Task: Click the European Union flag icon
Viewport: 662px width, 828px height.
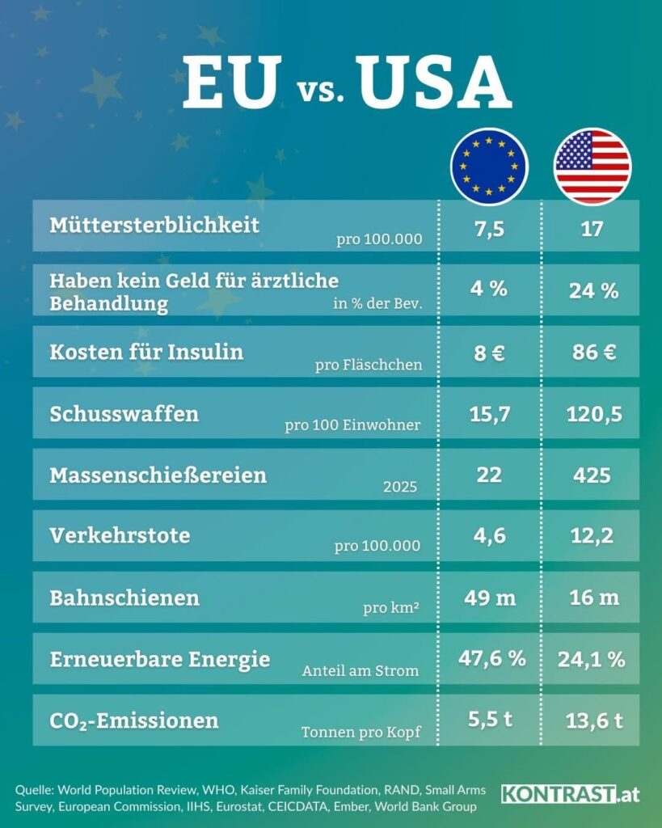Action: point(489,167)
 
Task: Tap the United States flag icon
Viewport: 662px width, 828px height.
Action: point(592,167)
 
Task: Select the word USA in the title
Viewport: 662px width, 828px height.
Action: point(435,82)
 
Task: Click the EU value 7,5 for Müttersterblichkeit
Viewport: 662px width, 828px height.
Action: point(489,229)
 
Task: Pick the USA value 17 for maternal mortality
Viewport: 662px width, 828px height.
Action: point(592,229)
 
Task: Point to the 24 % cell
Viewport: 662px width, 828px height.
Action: point(593,290)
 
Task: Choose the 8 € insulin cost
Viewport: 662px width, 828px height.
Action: point(489,353)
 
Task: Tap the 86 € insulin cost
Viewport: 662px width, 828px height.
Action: point(594,353)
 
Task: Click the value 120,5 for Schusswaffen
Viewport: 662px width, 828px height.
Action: point(594,415)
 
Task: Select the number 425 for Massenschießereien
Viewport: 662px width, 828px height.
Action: point(592,475)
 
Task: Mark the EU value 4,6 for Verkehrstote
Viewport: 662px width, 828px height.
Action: point(489,536)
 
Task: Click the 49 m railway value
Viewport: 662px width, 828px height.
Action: point(490,598)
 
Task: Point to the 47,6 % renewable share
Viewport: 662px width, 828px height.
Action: point(492,658)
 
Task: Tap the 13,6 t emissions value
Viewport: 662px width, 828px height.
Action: point(594,720)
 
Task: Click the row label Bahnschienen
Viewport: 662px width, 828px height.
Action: point(124,598)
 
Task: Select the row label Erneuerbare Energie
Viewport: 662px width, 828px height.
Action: point(160,660)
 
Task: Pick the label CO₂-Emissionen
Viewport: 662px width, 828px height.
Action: point(134,721)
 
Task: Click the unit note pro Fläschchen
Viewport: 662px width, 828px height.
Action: point(369,365)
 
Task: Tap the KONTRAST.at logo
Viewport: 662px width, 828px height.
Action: point(570,794)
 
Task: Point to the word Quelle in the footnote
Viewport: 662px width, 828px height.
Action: point(35,791)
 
